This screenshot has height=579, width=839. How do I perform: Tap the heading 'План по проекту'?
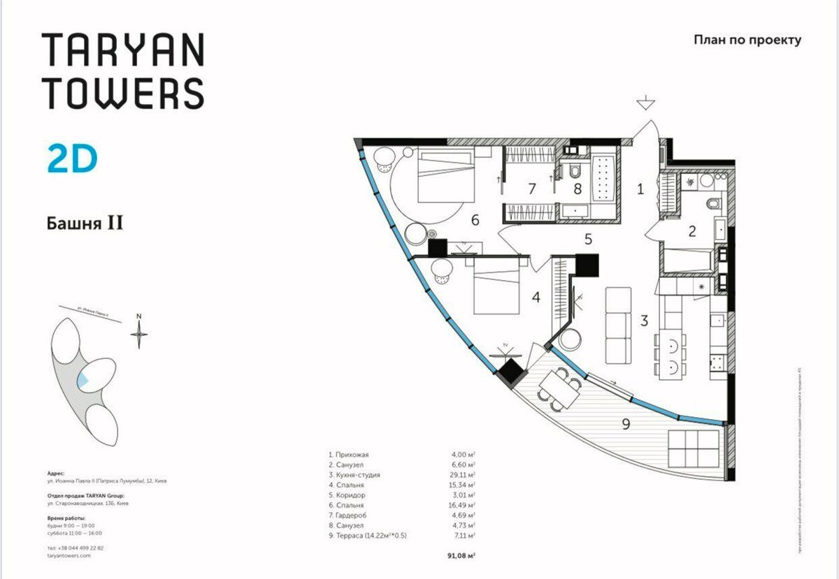(x=747, y=40)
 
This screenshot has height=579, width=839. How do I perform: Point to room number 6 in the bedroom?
(x=475, y=221)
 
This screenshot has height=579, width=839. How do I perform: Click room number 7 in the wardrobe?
(x=531, y=188)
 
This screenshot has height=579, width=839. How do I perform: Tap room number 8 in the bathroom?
(x=578, y=188)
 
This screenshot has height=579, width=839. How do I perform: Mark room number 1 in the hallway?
(x=640, y=187)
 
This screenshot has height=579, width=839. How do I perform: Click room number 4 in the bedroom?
(x=536, y=297)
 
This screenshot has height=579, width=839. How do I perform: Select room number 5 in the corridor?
(x=589, y=239)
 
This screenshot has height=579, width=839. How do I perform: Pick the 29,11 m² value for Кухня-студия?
(x=462, y=474)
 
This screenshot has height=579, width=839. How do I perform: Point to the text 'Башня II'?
(x=85, y=223)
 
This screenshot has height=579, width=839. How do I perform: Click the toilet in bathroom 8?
(x=574, y=172)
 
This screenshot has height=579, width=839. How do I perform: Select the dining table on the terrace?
(x=559, y=387)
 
